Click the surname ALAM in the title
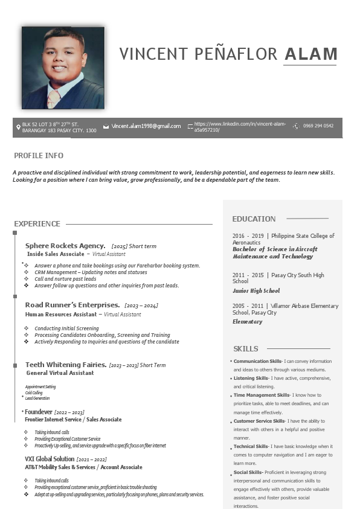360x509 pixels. [310, 54]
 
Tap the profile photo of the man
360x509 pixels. [63, 68]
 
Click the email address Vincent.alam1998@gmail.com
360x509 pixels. [146, 126]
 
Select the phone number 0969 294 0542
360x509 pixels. [318, 126]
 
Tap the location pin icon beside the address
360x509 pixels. [18, 127]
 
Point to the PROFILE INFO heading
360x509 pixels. [39, 156]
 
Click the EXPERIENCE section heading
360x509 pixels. [37, 224]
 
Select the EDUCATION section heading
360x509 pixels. [254, 219]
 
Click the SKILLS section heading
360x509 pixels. [245, 349]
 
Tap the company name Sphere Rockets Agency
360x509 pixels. [65, 246]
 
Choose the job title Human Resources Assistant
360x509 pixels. [60, 315]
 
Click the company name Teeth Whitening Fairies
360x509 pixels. [66, 365]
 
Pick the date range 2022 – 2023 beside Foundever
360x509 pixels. [69, 412]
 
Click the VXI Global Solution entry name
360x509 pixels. [50, 459]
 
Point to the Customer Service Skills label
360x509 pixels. [259, 421]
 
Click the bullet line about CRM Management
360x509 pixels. [91, 272]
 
